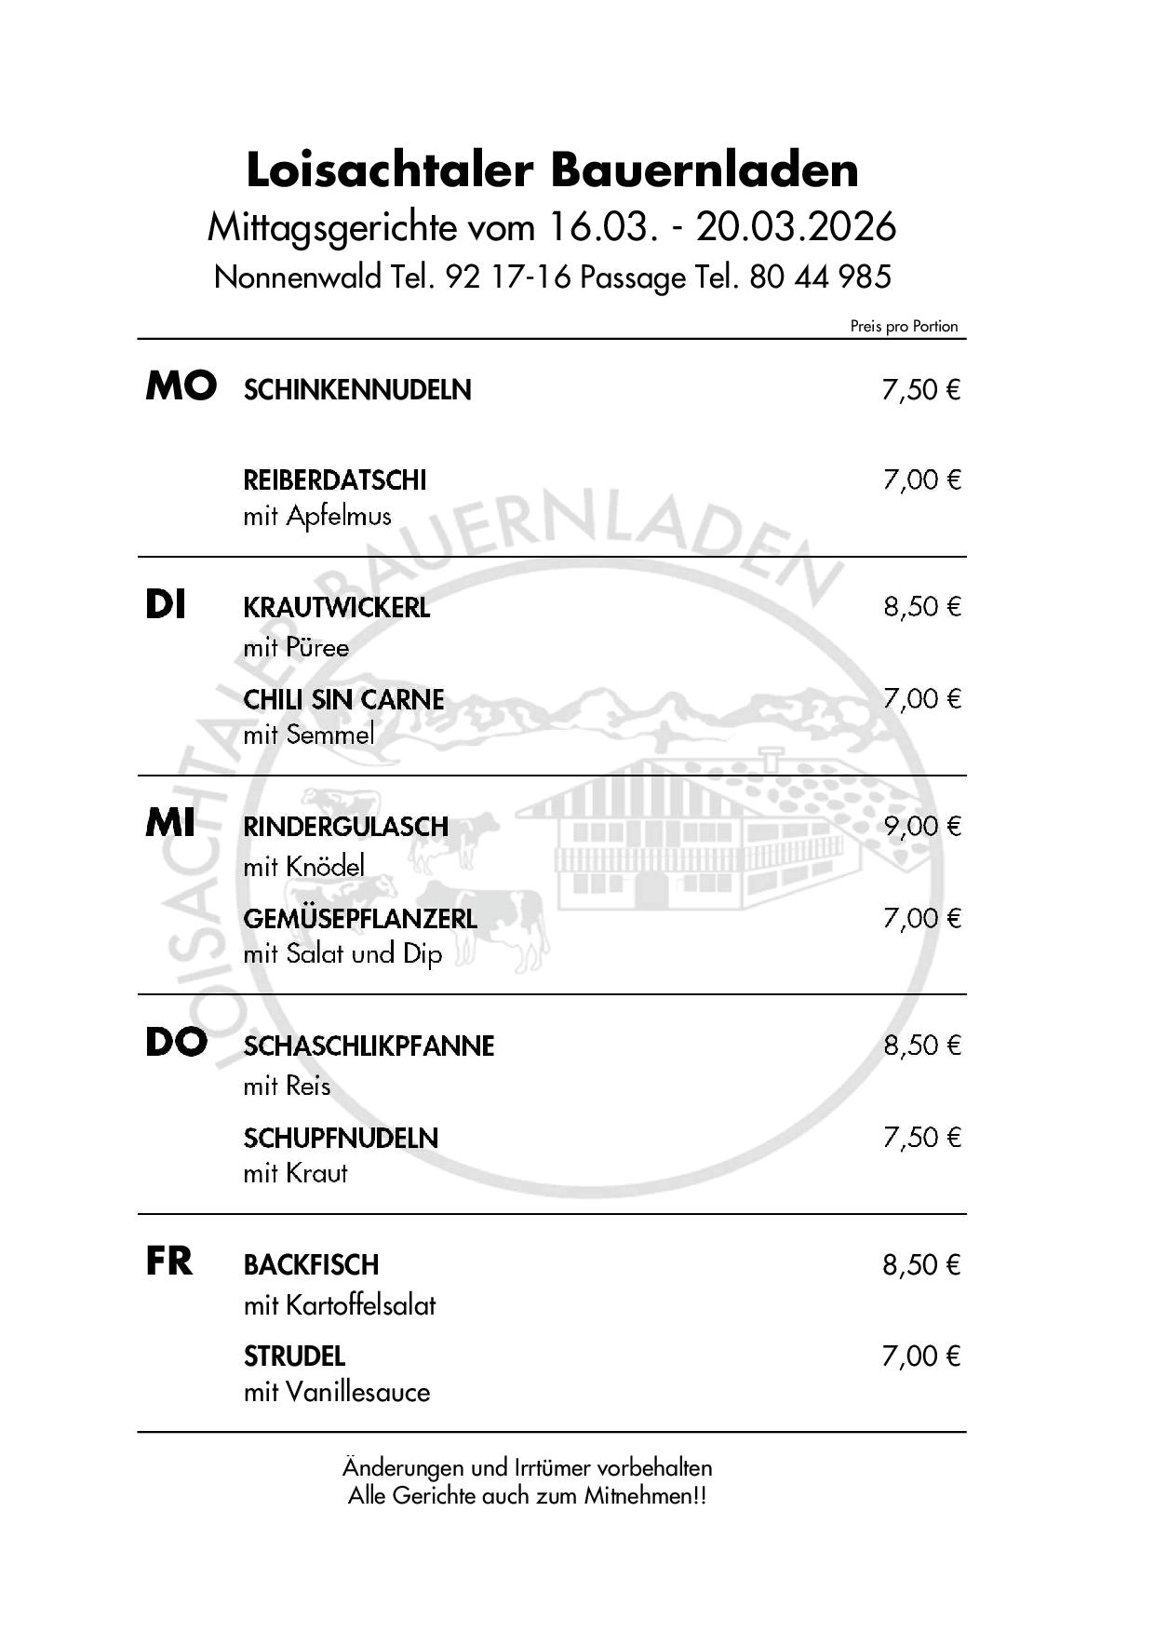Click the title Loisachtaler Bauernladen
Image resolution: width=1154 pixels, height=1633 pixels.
pos(552,170)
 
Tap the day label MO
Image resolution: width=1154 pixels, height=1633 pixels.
pos(181,386)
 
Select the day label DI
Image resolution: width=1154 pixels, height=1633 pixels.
pos(166,606)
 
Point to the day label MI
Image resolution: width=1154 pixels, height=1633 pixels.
pos(170,824)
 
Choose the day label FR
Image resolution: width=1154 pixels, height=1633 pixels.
pos(169,1262)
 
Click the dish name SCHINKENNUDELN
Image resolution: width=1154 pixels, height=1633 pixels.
pos(357,390)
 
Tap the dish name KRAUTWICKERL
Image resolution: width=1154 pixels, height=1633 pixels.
pos(336,608)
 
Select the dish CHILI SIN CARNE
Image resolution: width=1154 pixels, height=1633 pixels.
pos(343,699)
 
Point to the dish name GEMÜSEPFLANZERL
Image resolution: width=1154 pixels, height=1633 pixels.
pos(360,919)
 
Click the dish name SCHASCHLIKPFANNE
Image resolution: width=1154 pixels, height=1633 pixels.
pos(369,1046)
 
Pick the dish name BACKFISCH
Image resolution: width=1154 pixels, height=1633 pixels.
pos(311,1265)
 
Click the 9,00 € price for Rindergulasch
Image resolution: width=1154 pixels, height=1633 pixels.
pos(921,826)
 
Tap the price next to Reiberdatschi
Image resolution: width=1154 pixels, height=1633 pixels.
pos(921,480)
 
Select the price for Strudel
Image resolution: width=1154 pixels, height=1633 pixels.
pos(921,1356)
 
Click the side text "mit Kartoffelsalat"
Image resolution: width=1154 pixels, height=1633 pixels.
pos(340,1305)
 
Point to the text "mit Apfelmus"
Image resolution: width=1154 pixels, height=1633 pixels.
pos(317,516)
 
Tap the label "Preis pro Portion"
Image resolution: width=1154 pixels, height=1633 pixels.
pos(904,326)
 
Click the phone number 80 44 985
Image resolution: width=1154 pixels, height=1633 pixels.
pos(820,277)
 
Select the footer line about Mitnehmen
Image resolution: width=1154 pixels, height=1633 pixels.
pos(527,1496)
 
